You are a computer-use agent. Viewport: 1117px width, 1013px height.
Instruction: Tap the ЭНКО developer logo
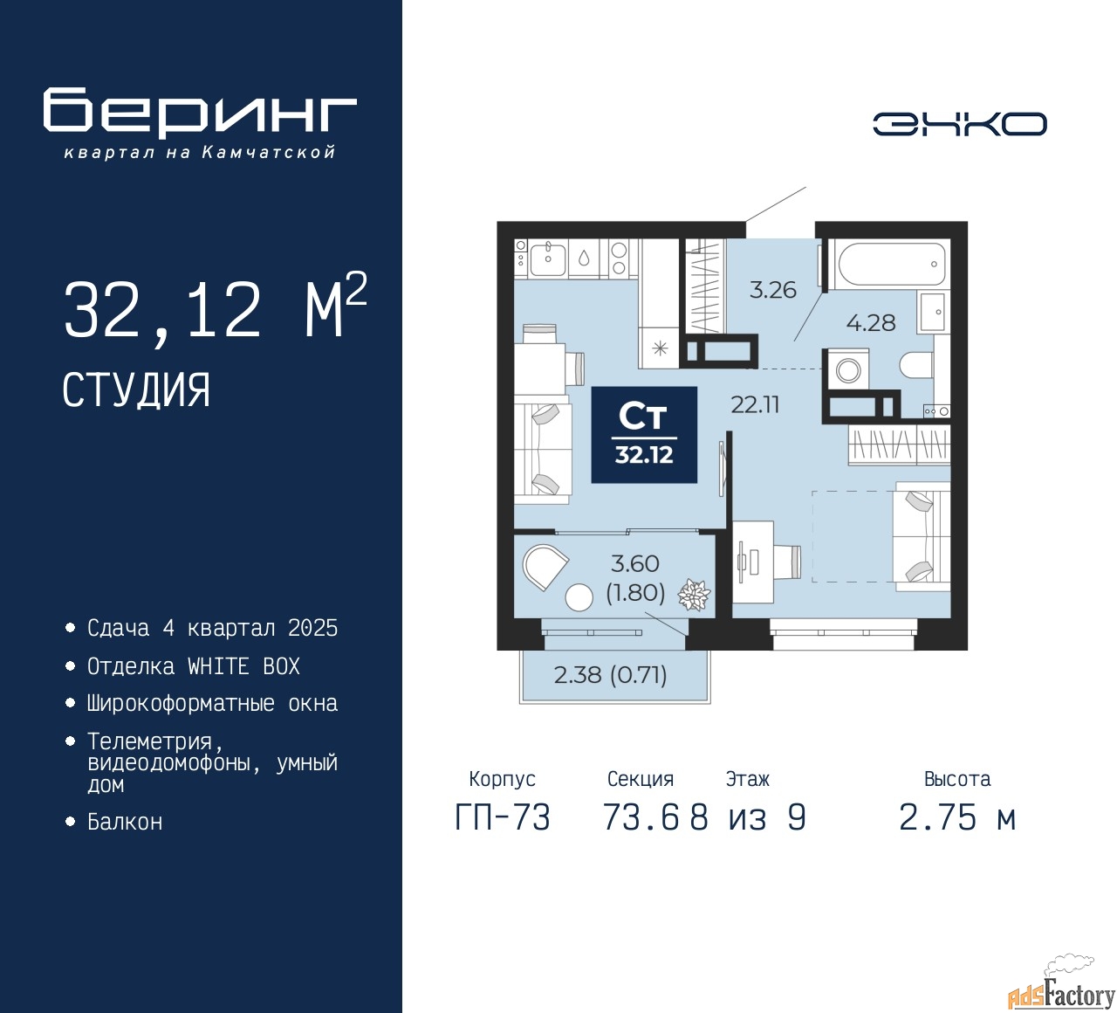pyautogui.click(x=959, y=124)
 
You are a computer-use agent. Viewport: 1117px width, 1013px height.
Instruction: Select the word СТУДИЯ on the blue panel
pyautogui.click(x=136, y=390)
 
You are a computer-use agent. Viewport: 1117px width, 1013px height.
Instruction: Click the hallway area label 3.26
pyautogui.click(x=773, y=290)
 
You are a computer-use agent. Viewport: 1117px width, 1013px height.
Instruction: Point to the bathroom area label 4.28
pyautogui.click(x=871, y=322)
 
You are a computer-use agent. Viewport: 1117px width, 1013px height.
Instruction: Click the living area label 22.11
pyautogui.click(x=755, y=404)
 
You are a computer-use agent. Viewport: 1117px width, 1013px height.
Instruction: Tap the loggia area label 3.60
pyautogui.click(x=634, y=564)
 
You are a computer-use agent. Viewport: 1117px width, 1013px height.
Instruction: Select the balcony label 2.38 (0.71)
pyautogui.click(x=610, y=675)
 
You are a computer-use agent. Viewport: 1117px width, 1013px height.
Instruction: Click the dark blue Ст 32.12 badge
pyautogui.click(x=644, y=435)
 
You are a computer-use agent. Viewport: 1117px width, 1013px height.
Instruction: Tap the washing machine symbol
pyautogui.click(x=847, y=370)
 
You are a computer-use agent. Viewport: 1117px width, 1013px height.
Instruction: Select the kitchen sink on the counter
pyautogui.click(x=548, y=259)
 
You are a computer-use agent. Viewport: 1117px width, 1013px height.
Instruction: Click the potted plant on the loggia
pyautogui.click(x=694, y=595)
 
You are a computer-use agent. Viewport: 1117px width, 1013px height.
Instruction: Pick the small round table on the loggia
pyautogui.click(x=579, y=597)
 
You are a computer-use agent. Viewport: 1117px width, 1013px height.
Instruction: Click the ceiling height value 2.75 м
pyautogui.click(x=957, y=818)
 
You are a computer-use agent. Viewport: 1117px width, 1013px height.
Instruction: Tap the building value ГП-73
pyautogui.click(x=503, y=818)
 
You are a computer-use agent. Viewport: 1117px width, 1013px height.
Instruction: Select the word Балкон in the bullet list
pyautogui.click(x=125, y=822)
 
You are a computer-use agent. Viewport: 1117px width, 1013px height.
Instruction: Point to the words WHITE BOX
pyautogui.click(x=243, y=666)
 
